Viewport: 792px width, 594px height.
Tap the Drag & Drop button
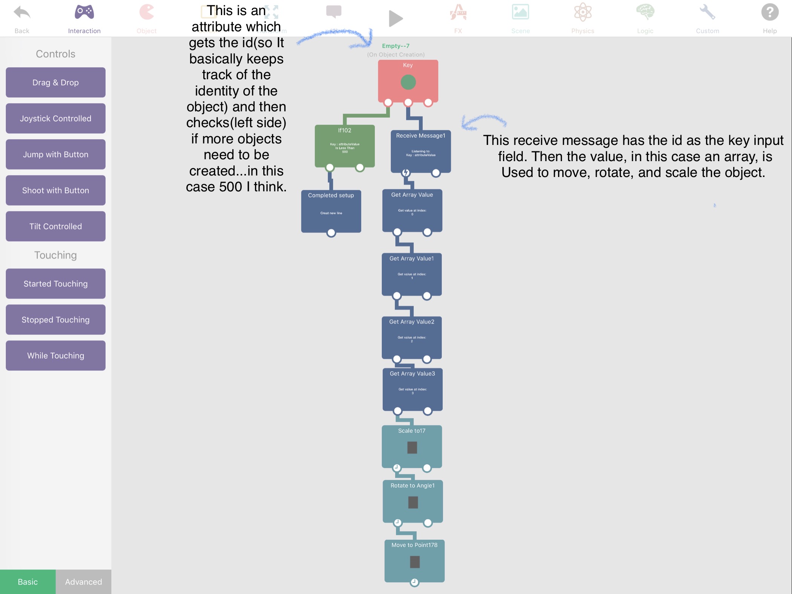click(x=55, y=82)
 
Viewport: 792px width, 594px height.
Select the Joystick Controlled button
click(x=55, y=118)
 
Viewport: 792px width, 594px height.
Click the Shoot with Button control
click(x=55, y=190)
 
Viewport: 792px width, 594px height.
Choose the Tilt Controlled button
click(x=55, y=226)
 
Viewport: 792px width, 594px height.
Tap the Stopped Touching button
click(x=55, y=320)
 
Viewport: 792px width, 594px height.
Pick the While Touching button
click(x=55, y=355)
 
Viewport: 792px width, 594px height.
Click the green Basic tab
click(x=28, y=582)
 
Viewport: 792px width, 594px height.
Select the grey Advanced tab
click(x=83, y=582)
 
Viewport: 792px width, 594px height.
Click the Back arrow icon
click(x=22, y=13)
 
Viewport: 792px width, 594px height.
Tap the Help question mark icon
click(x=769, y=13)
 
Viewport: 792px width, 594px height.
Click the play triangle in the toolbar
click(x=395, y=18)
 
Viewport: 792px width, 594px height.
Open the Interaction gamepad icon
click(x=84, y=12)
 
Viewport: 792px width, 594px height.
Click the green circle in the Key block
click(x=408, y=82)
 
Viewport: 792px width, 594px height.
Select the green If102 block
click(x=345, y=146)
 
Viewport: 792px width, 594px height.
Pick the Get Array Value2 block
click(x=411, y=337)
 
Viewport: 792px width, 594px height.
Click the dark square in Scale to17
click(x=412, y=448)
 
